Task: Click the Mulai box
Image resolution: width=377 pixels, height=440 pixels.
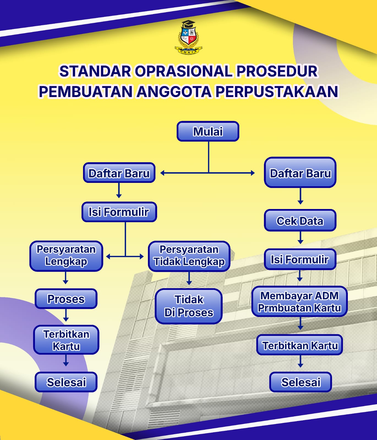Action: pyautogui.click(x=208, y=131)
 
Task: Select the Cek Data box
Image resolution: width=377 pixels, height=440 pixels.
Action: pyautogui.click(x=300, y=221)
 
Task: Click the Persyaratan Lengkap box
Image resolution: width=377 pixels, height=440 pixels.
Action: pyautogui.click(x=66, y=256)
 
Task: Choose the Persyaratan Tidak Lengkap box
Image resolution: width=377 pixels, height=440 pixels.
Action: pyautogui.click(x=189, y=256)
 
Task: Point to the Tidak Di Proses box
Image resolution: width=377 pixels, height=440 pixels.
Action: pyautogui.click(x=189, y=306)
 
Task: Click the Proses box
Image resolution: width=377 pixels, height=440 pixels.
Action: pyautogui.click(x=66, y=299)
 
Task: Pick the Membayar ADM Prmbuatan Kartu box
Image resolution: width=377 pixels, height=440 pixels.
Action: pyautogui.click(x=299, y=302)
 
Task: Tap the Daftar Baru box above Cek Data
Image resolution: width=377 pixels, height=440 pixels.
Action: pyautogui.click(x=300, y=173)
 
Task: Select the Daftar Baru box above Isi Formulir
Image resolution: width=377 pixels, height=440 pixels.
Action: pyautogui.click(x=119, y=173)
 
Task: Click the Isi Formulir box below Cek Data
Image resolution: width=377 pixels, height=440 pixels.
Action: pyautogui.click(x=300, y=259)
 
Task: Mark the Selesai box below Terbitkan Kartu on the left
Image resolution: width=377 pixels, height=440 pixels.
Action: pyautogui.click(x=66, y=382)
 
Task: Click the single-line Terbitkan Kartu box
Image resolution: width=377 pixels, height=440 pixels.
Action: pyautogui.click(x=300, y=345)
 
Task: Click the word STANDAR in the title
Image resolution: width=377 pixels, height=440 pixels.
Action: pyautogui.click(x=95, y=71)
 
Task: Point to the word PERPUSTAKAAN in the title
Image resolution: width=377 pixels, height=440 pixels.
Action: pyautogui.click(x=277, y=92)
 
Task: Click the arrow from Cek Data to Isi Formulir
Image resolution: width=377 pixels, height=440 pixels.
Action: pyautogui.click(x=300, y=238)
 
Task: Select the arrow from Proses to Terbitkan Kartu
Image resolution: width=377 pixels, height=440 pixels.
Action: pyautogui.click(x=66, y=315)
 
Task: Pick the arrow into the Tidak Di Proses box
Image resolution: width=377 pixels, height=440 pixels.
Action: pyautogui.click(x=189, y=278)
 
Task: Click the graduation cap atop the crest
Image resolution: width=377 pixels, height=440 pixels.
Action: pyautogui.click(x=188, y=24)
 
